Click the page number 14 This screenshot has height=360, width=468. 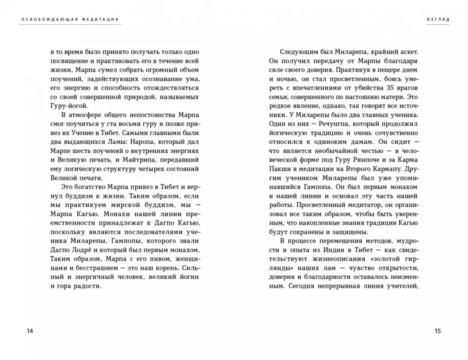point(29,331)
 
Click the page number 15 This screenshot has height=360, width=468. point(438,331)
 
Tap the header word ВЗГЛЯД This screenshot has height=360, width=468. point(439,20)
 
